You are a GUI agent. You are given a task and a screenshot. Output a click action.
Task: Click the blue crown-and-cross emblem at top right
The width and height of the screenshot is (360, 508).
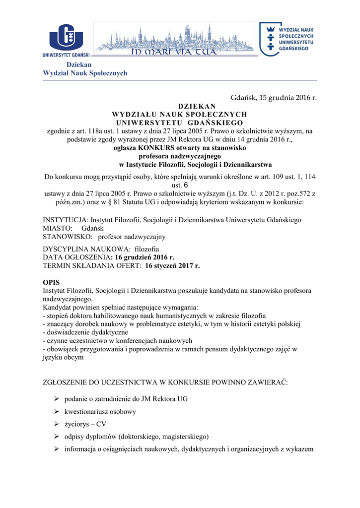click(271, 38)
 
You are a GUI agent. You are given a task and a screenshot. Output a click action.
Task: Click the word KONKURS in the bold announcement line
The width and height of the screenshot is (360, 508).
click(157, 148)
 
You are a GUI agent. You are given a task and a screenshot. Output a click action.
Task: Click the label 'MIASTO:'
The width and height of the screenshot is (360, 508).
click(58, 228)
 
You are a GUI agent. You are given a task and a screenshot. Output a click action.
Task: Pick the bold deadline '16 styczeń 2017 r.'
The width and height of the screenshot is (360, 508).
click(172, 266)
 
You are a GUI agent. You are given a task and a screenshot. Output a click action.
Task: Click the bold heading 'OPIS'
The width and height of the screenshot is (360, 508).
click(51, 282)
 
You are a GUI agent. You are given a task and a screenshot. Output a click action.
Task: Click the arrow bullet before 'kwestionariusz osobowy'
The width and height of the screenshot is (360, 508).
click(56, 412)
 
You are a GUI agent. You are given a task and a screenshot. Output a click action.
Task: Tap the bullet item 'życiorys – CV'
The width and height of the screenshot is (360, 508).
click(85, 424)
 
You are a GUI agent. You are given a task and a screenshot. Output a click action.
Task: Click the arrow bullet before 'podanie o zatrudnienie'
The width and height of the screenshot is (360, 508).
click(56, 399)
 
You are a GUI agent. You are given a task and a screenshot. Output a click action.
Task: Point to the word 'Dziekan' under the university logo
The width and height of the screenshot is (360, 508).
click(79, 65)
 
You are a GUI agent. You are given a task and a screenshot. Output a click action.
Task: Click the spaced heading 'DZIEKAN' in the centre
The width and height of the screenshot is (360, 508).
click(197, 106)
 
